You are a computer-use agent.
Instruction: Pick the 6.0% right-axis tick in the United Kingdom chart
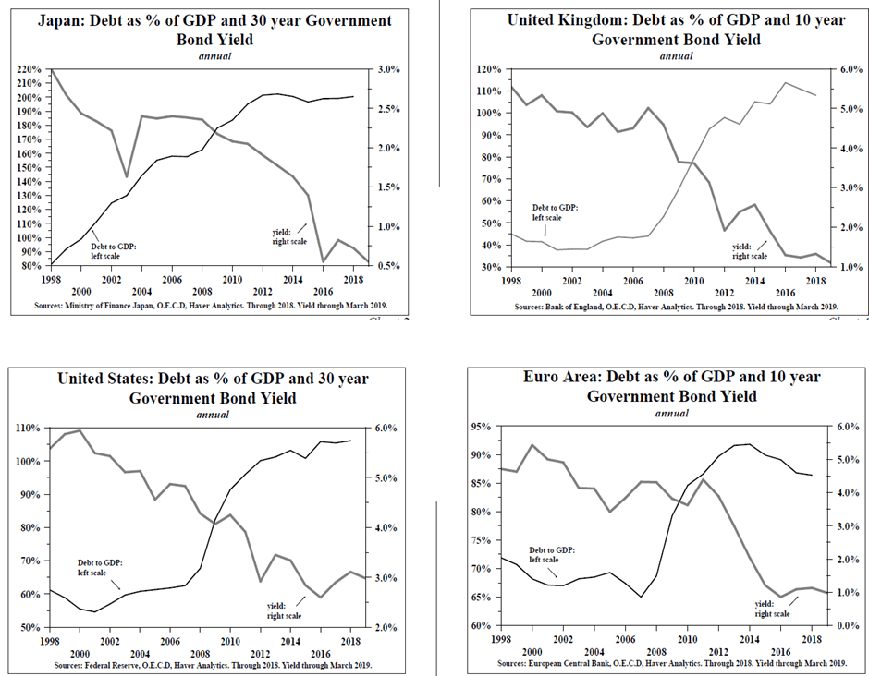point(851,69)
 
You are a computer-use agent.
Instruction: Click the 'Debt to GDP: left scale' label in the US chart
point(97,567)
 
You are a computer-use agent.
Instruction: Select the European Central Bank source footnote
point(672,663)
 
